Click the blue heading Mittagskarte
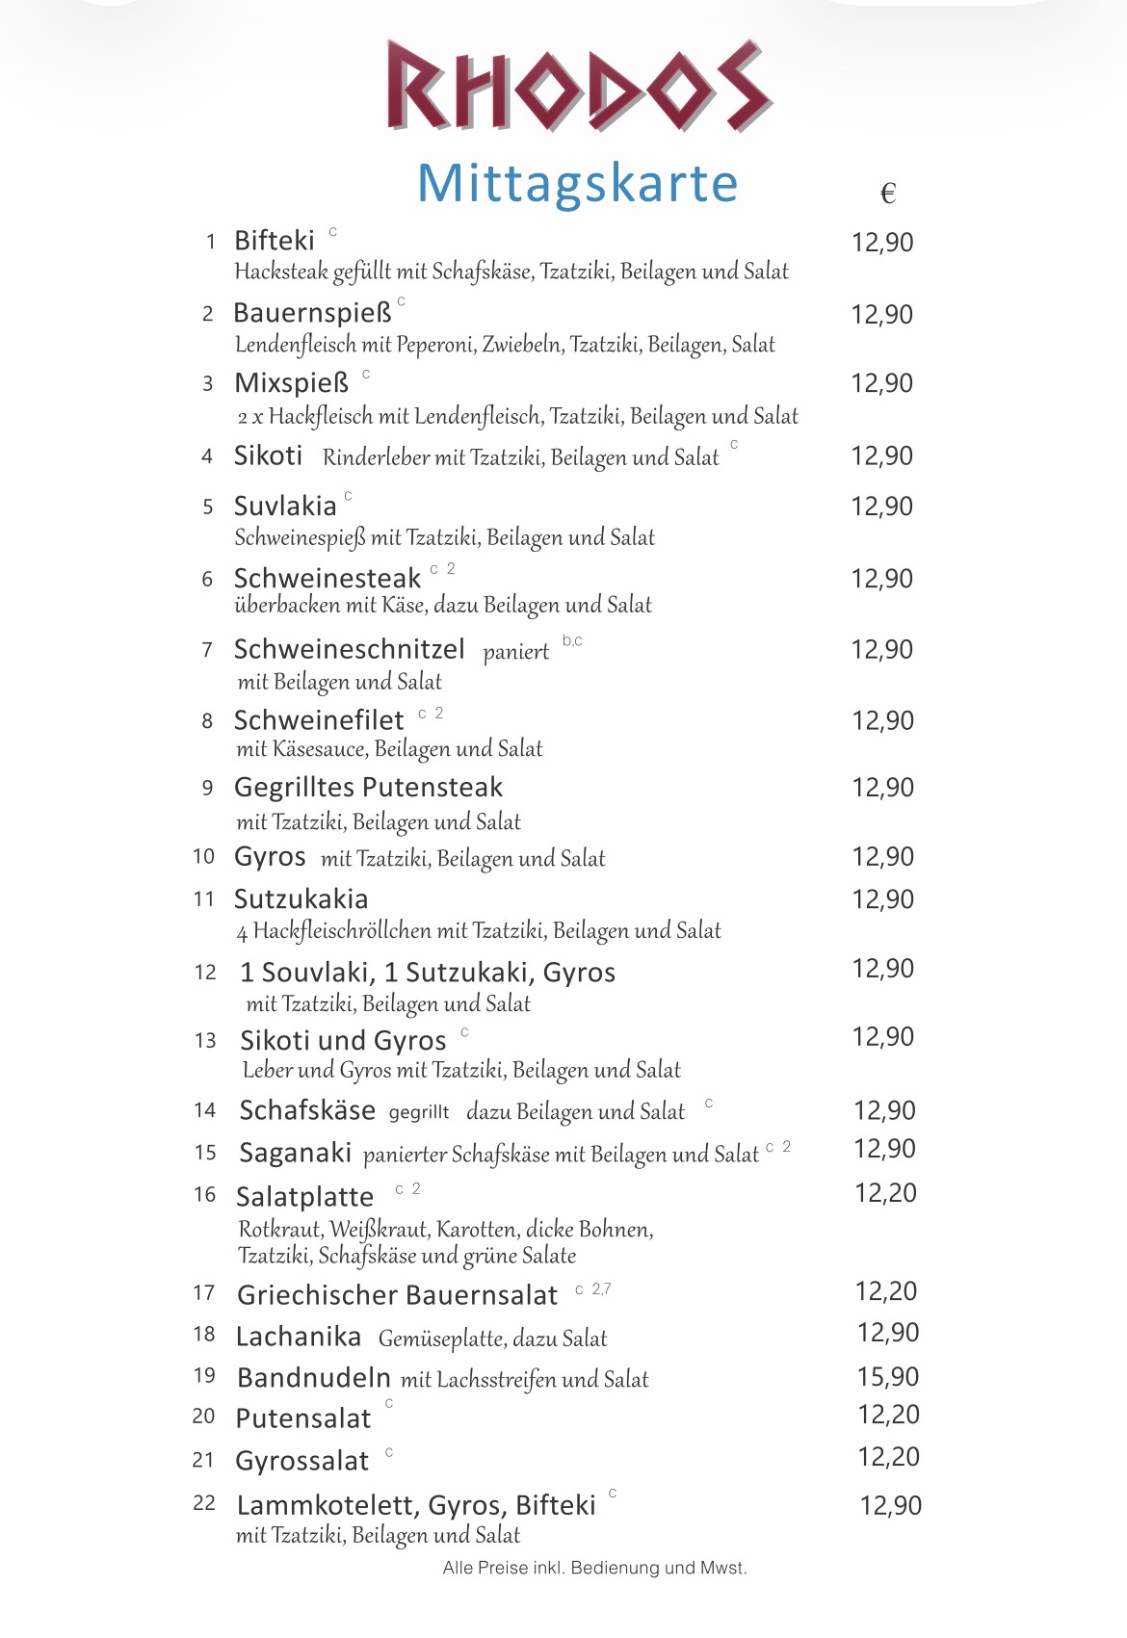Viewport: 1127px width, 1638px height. tap(577, 183)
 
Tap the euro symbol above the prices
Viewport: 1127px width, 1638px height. tap(888, 195)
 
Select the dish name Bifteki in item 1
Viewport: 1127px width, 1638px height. tap(275, 241)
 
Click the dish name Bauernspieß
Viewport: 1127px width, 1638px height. tap(312, 314)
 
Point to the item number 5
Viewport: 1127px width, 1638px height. tap(208, 507)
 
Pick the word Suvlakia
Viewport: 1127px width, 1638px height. tap(285, 507)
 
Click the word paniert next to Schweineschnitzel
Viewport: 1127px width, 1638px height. tap(515, 652)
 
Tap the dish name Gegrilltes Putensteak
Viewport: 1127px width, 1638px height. tap(368, 788)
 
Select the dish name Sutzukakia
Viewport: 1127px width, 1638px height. tap(301, 899)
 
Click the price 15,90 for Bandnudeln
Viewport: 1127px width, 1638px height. tap(888, 1377)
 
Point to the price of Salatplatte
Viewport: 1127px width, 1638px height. tap(885, 1193)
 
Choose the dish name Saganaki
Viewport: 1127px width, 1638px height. tap(296, 1153)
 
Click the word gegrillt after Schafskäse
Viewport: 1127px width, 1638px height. tap(418, 1112)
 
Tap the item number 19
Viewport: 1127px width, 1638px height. tap(204, 1375)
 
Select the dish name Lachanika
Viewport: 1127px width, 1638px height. tap(299, 1337)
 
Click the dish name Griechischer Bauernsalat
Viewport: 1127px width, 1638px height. tap(397, 1295)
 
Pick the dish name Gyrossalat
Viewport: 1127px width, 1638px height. tap(301, 1461)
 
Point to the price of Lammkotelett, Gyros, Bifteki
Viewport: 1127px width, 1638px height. tap(890, 1505)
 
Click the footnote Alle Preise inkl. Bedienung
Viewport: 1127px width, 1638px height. tap(594, 1568)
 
